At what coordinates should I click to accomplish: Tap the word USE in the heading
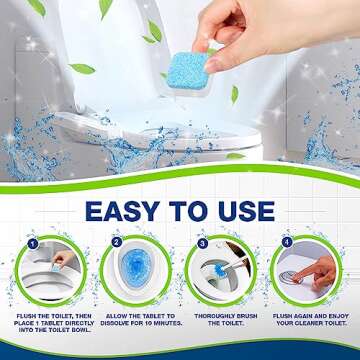(239, 211)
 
